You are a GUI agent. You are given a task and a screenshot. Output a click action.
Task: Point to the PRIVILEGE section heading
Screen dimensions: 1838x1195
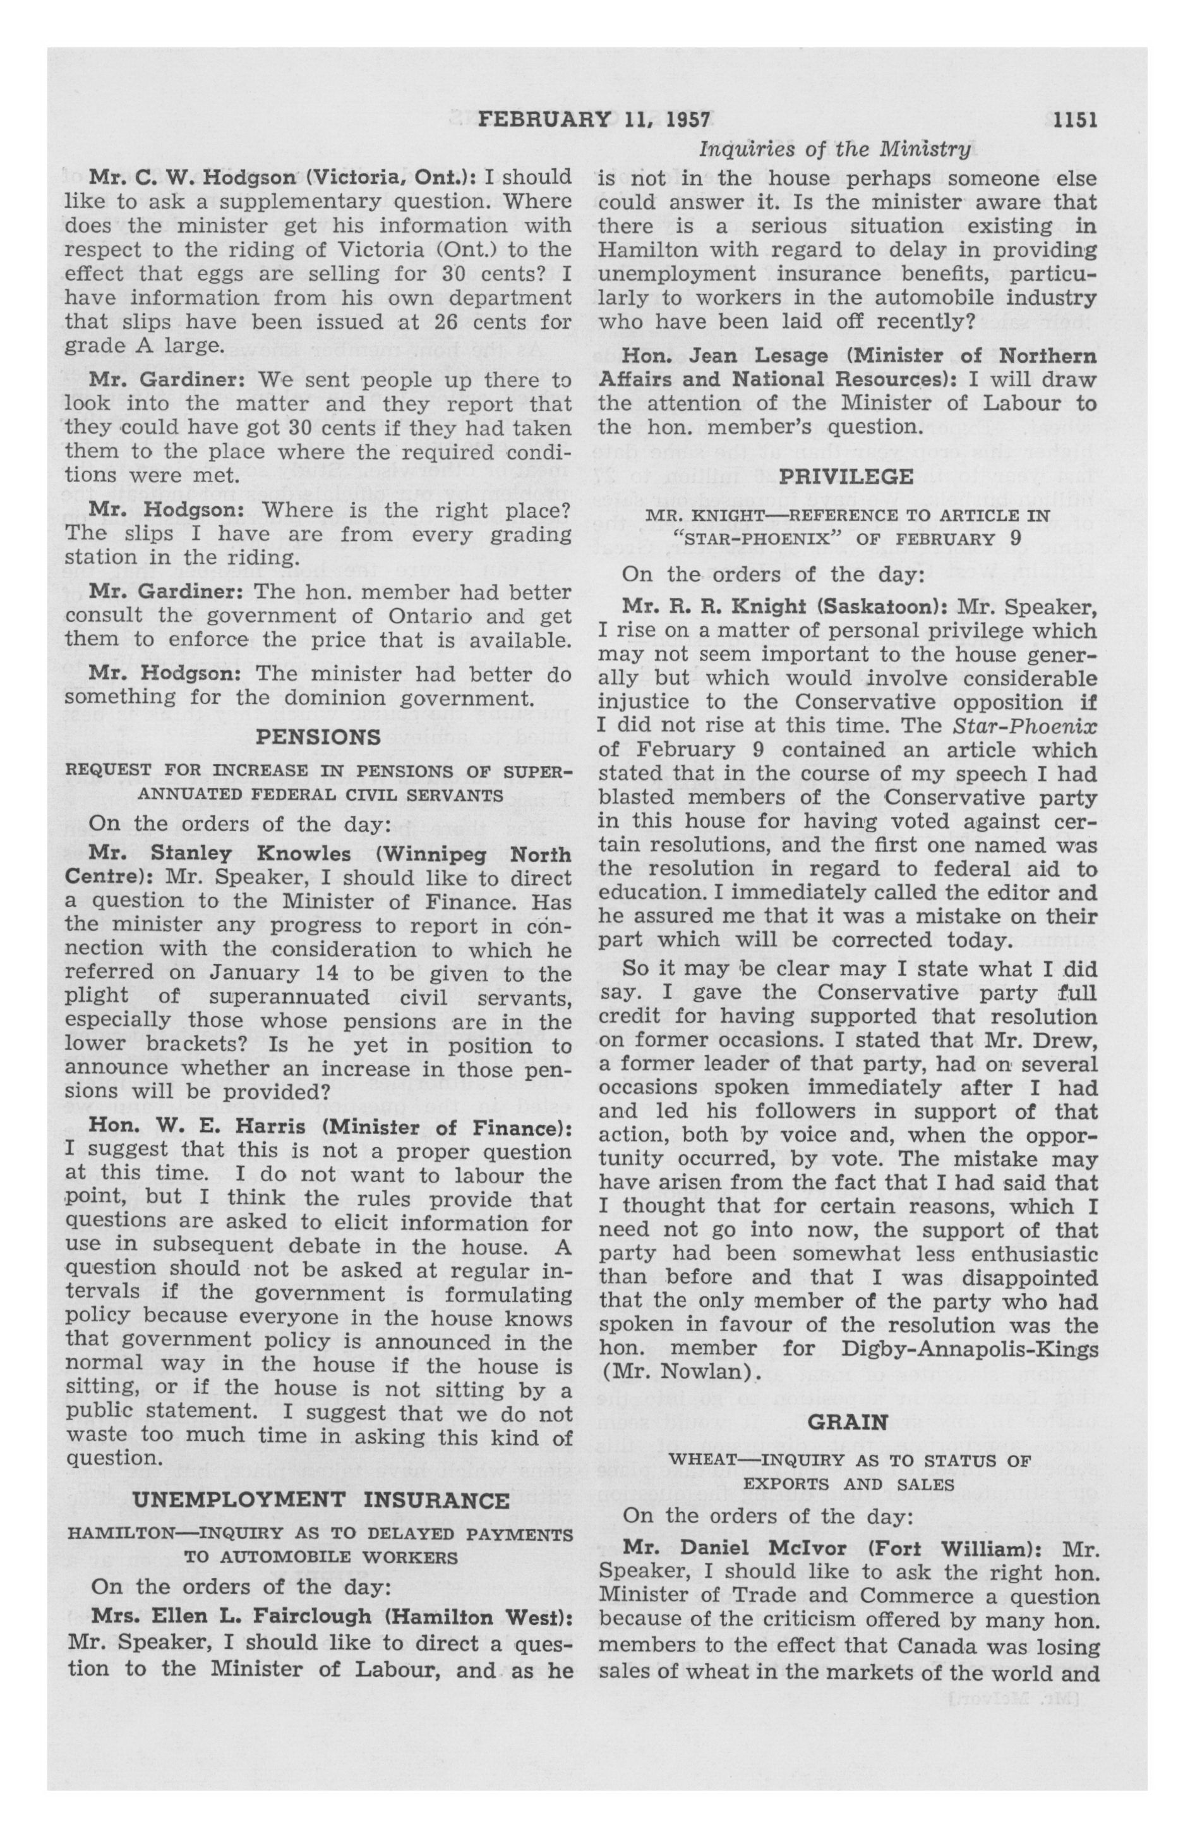click(x=847, y=477)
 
